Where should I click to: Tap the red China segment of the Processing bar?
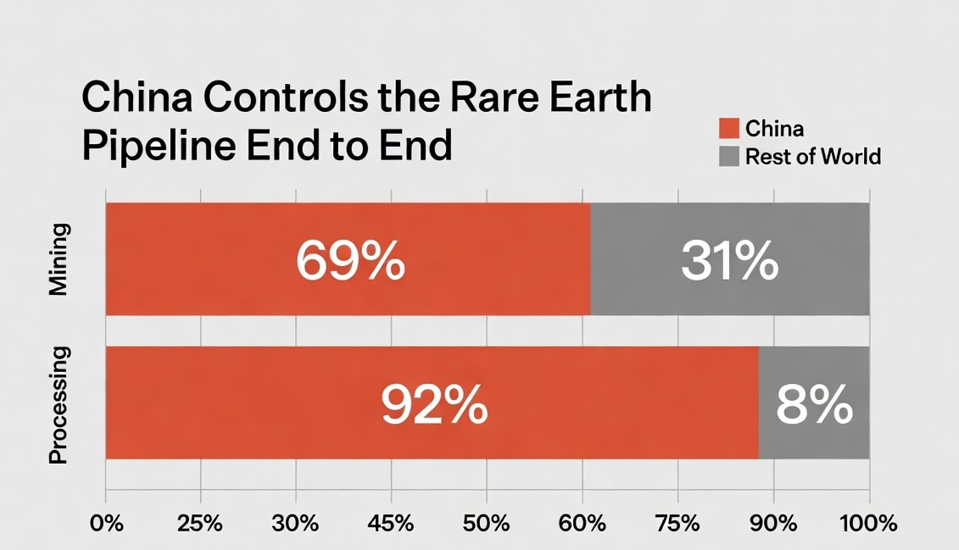pos(254,403)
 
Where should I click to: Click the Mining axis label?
pos(58,259)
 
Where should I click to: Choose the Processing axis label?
pos(58,404)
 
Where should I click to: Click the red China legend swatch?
pos(728,129)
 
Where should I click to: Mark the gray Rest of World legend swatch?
pos(728,156)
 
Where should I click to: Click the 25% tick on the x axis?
pos(201,523)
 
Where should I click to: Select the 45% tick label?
pos(392,523)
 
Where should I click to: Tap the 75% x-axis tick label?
pos(678,523)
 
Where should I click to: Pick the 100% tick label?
pos(868,523)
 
